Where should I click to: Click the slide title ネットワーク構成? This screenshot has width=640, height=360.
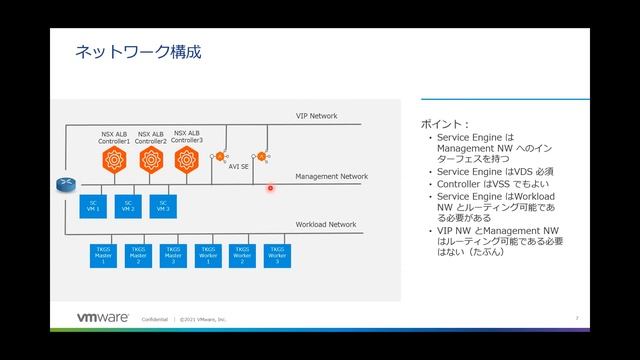139,52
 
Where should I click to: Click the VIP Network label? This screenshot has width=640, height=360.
316,116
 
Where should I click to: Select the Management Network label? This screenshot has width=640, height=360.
331,176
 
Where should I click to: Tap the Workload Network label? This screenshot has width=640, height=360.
325,225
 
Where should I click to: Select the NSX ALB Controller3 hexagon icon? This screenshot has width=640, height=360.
186,158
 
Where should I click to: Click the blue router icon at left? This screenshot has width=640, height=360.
66,184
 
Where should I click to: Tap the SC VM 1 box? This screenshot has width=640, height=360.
91,206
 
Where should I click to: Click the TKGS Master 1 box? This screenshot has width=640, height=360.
102,255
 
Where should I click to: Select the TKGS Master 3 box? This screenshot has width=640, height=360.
173,255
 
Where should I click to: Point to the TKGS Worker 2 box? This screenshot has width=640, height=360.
241,255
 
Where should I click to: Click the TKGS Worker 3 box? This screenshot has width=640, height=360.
276,255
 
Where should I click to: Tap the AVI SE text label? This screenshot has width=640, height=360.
239,167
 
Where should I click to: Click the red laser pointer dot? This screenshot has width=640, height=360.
270,187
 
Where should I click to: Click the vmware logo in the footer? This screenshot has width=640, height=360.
103,318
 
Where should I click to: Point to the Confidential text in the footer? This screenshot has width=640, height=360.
155,319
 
